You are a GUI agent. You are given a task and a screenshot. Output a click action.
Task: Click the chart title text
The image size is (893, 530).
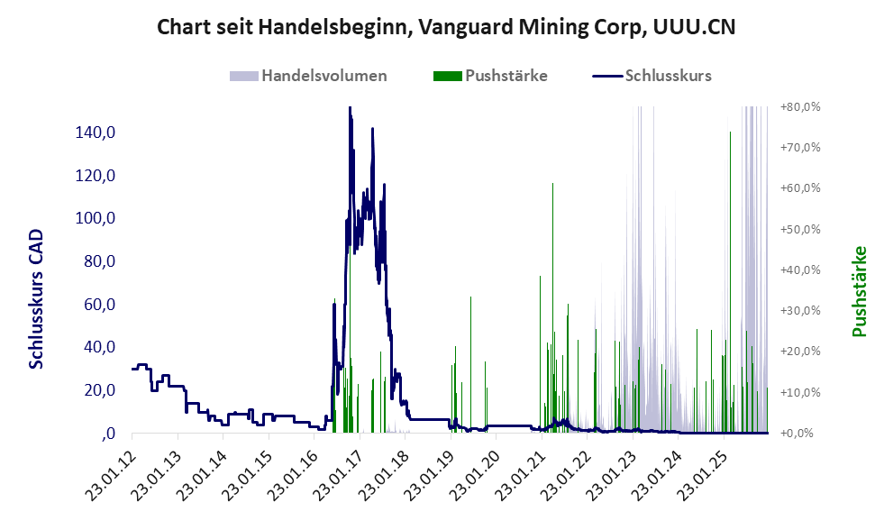[x=446, y=27]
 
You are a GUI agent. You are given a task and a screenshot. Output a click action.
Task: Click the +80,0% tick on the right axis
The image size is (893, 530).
[x=799, y=106]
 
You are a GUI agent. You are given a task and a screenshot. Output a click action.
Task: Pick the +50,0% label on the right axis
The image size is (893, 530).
[x=799, y=229]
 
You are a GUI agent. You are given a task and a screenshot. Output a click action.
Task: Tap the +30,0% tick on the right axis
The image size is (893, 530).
[x=799, y=310]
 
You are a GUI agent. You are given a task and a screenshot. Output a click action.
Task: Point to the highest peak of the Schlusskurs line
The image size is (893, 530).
[x=350, y=108]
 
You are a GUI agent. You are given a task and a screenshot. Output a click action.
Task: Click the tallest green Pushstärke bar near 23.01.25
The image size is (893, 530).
[x=730, y=133]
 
